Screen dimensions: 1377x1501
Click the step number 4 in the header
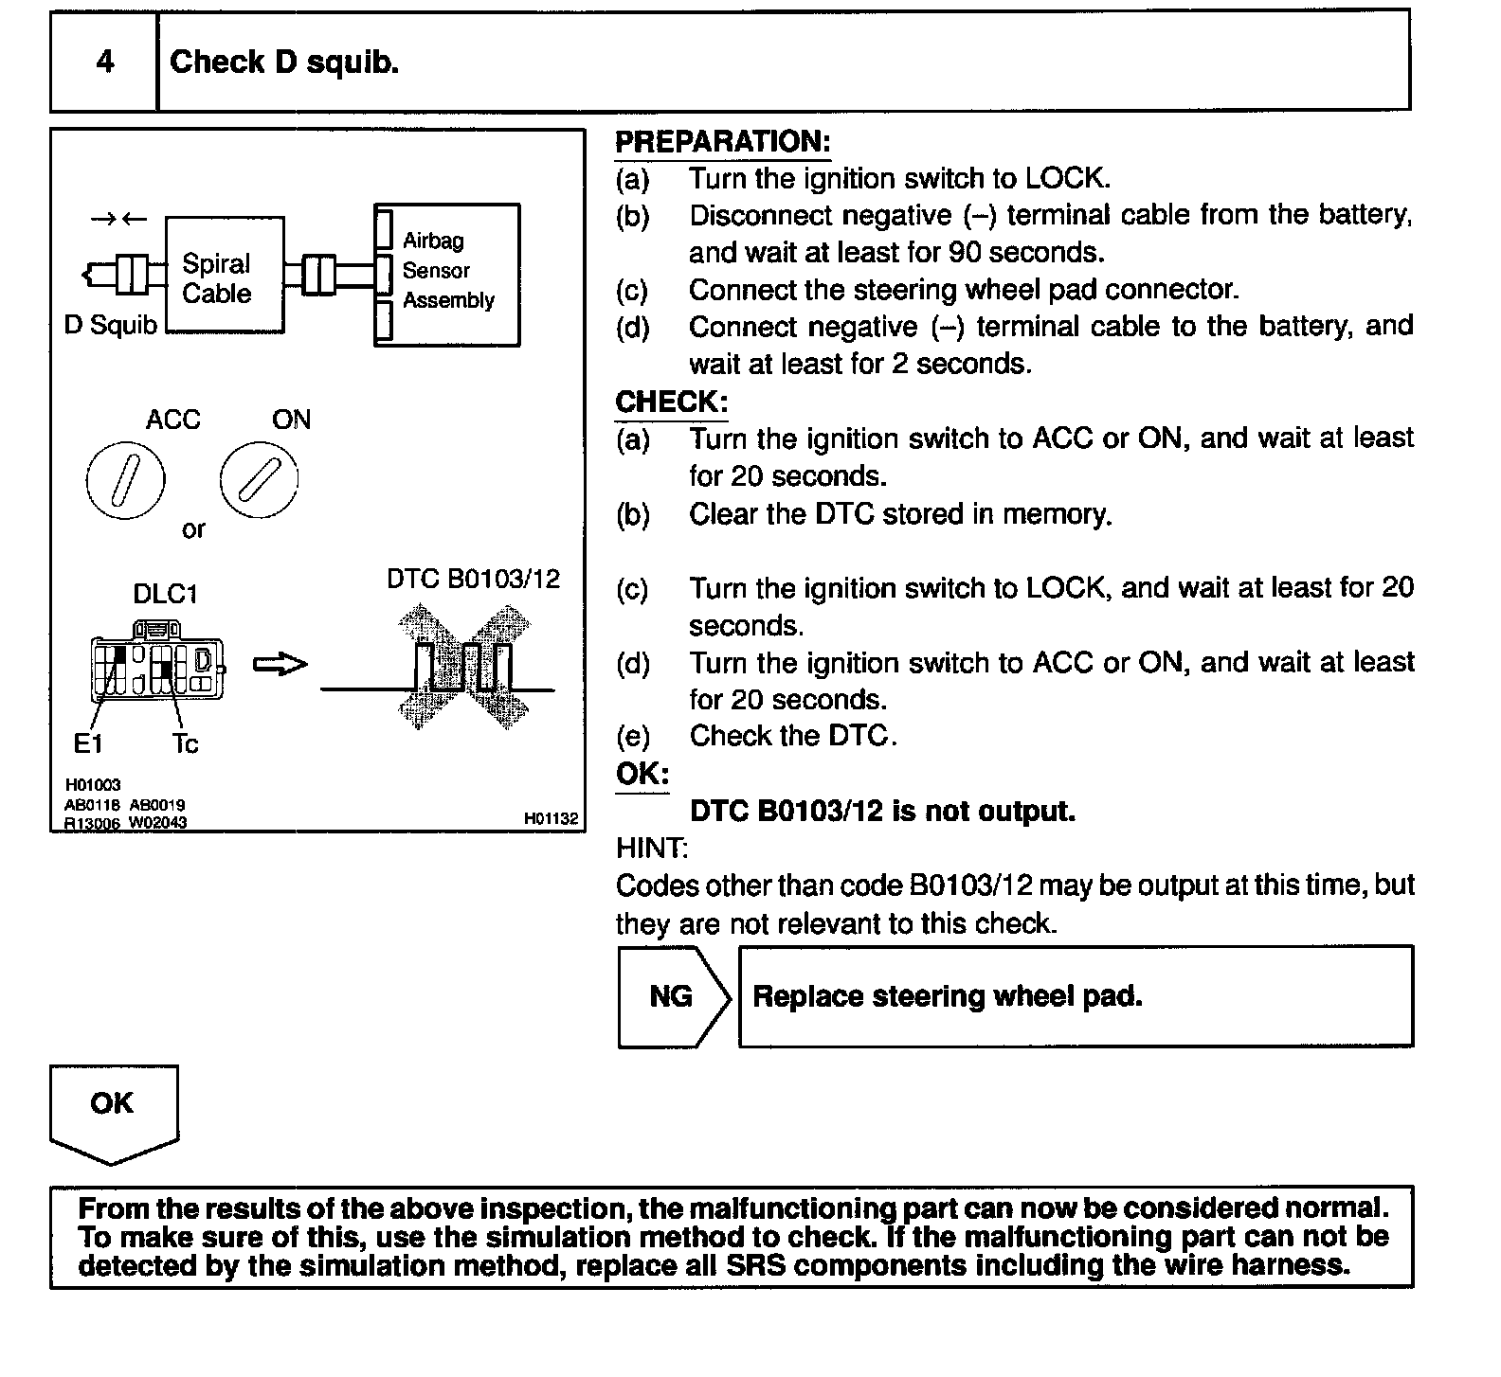(x=104, y=63)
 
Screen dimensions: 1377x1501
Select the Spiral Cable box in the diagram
(x=224, y=276)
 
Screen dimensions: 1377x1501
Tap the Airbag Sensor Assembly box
(x=447, y=273)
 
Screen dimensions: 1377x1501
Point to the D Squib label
(x=110, y=326)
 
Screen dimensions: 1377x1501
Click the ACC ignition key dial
(x=125, y=480)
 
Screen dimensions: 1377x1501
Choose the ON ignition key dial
(x=259, y=480)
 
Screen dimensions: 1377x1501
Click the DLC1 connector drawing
(x=158, y=662)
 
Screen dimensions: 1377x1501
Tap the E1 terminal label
(x=87, y=744)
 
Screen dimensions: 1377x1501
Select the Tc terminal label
(x=186, y=744)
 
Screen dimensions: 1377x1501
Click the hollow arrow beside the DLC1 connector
(x=280, y=665)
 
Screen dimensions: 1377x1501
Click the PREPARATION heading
(x=722, y=142)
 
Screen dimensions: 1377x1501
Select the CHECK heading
(x=671, y=402)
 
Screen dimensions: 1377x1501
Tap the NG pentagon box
(x=672, y=996)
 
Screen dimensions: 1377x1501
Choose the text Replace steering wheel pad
(x=947, y=996)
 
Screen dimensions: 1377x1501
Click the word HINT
(x=651, y=847)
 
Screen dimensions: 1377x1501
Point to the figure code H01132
(x=551, y=818)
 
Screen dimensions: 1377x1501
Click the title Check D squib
(x=284, y=63)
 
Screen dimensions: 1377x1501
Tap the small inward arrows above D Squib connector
(x=118, y=220)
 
